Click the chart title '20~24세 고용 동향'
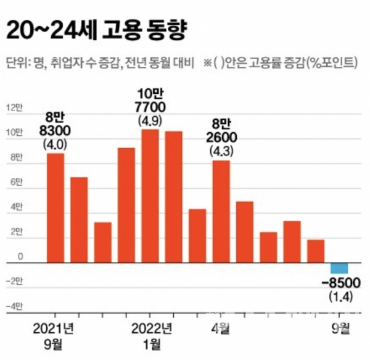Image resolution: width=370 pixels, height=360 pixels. click(x=96, y=29)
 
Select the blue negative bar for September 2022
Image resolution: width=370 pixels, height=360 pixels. click(x=339, y=268)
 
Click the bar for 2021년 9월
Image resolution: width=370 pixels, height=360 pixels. click(x=55, y=207)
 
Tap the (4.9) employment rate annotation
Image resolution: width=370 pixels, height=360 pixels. click(x=150, y=121)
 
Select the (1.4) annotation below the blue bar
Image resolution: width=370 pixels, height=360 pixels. click(x=340, y=298)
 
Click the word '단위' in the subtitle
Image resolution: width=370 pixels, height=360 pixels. click(x=15, y=63)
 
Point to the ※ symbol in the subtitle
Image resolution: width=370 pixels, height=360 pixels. click(x=208, y=63)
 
